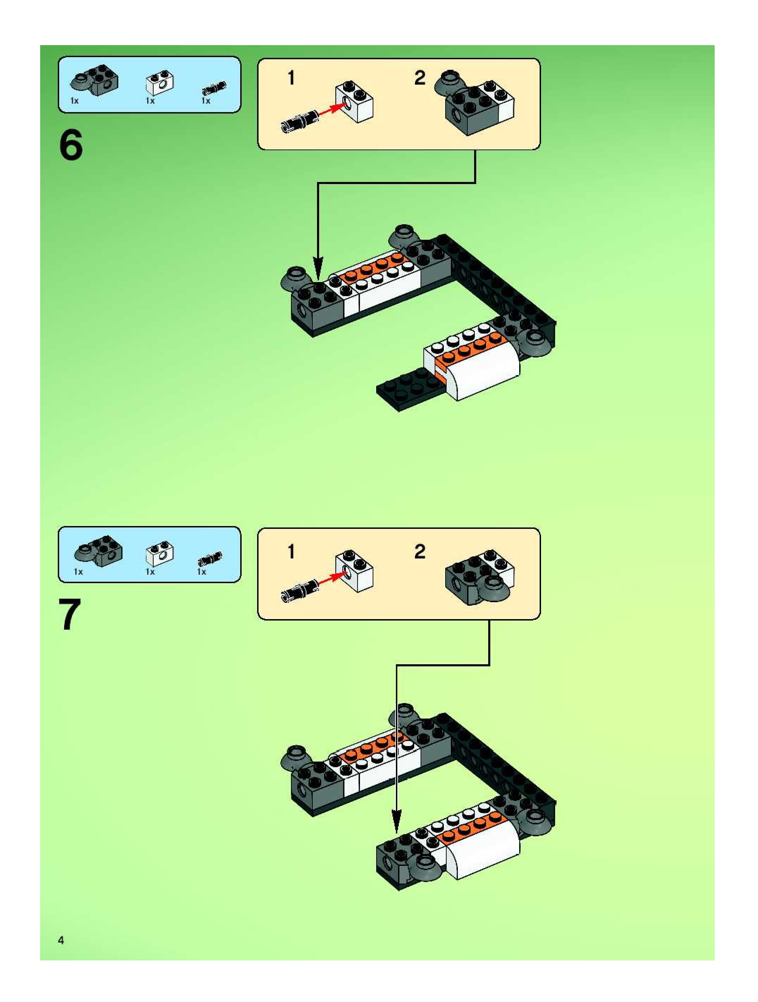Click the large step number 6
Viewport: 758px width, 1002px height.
[71, 145]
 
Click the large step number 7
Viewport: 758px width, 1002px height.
[70, 614]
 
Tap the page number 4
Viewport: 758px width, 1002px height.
[61, 940]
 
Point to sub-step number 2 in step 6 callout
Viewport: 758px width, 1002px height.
[420, 78]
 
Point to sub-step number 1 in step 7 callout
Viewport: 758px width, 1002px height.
[291, 551]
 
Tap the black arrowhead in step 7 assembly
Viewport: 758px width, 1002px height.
[396, 821]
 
